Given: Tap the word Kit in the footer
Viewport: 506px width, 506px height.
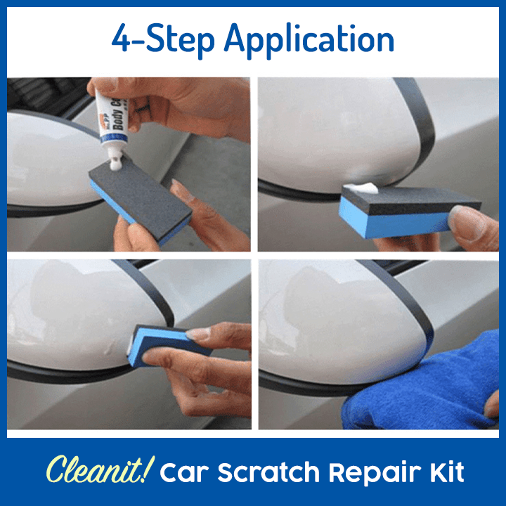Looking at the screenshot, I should (x=447, y=472).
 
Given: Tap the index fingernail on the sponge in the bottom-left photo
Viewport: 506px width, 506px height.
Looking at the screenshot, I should (x=198, y=334).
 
